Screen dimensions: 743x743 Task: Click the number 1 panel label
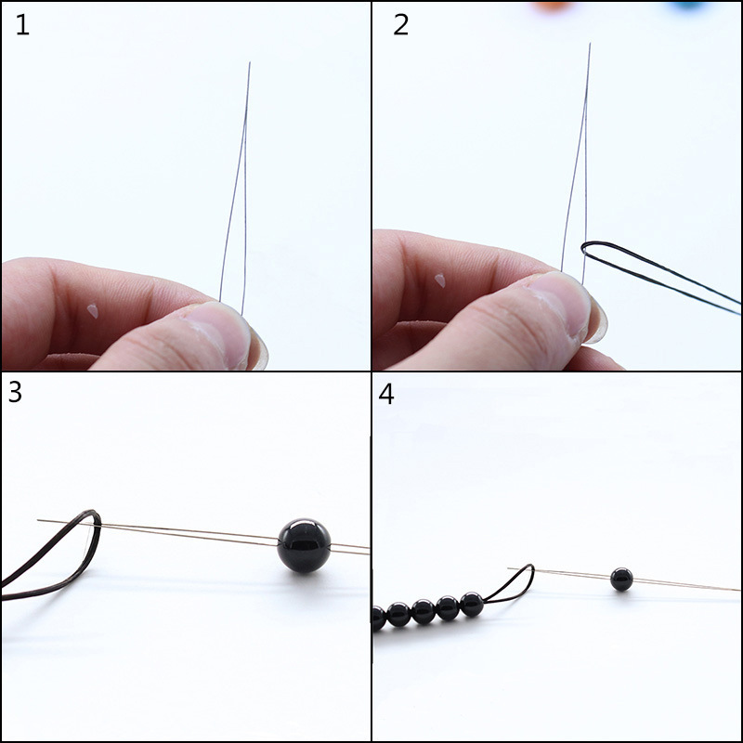coord(22,25)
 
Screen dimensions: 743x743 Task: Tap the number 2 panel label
coord(400,25)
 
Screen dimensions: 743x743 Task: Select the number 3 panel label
coord(15,392)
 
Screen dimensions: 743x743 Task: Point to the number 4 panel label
coord(386,394)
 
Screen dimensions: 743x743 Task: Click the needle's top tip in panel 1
coord(249,64)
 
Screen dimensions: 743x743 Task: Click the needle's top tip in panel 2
coord(588,45)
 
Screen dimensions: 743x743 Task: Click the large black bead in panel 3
coord(304,545)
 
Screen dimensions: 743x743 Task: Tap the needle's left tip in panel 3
coord(39,520)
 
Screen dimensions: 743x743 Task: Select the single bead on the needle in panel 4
coord(621,580)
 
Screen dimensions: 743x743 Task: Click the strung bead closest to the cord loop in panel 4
coord(472,605)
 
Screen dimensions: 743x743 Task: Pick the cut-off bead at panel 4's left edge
coord(377,618)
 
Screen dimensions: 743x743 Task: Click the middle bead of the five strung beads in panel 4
coord(424,611)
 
